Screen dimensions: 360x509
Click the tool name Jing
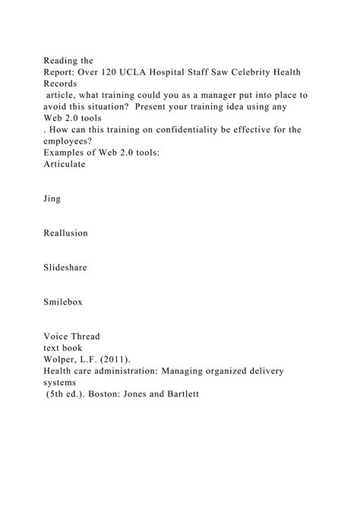(x=53, y=199)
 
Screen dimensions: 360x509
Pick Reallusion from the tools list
(x=66, y=233)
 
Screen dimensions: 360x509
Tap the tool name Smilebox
(x=64, y=302)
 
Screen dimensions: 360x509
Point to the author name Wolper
(x=61, y=360)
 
